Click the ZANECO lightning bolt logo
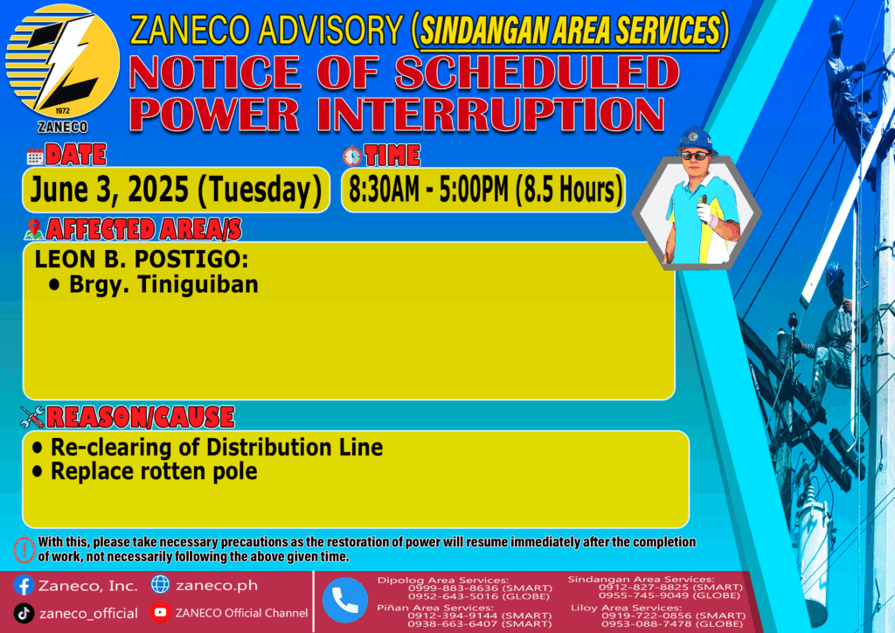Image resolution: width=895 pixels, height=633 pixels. pyautogui.click(x=62, y=62)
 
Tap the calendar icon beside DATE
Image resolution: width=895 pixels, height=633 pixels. pyautogui.click(x=35, y=156)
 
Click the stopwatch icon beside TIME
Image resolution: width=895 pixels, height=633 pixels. pyautogui.click(x=352, y=156)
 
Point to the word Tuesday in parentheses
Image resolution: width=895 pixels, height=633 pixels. pyautogui.click(x=260, y=190)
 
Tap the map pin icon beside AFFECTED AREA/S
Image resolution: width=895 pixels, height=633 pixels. pyautogui.click(x=34, y=229)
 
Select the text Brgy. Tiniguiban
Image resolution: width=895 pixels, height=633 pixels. pyautogui.click(x=163, y=284)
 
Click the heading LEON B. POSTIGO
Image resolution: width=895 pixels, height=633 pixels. pyautogui.click(x=141, y=259)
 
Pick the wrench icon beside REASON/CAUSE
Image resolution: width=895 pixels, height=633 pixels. pyautogui.click(x=32, y=417)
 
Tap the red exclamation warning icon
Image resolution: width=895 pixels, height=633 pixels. pyautogui.click(x=24, y=550)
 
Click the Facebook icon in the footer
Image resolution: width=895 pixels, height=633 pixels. pyautogui.click(x=24, y=585)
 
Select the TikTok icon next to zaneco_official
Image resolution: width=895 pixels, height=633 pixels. pyautogui.click(x=24, y=613)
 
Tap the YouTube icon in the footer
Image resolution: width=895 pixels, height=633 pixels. pyautogui.click(x=161, y=612)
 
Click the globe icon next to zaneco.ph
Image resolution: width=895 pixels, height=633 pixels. pyautogui.click(x=161, y=585)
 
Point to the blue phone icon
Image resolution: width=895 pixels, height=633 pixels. pyautogui.click(x=344, y=600)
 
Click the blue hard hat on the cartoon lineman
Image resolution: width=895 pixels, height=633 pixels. pyautogui.click(x=696, y=139)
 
